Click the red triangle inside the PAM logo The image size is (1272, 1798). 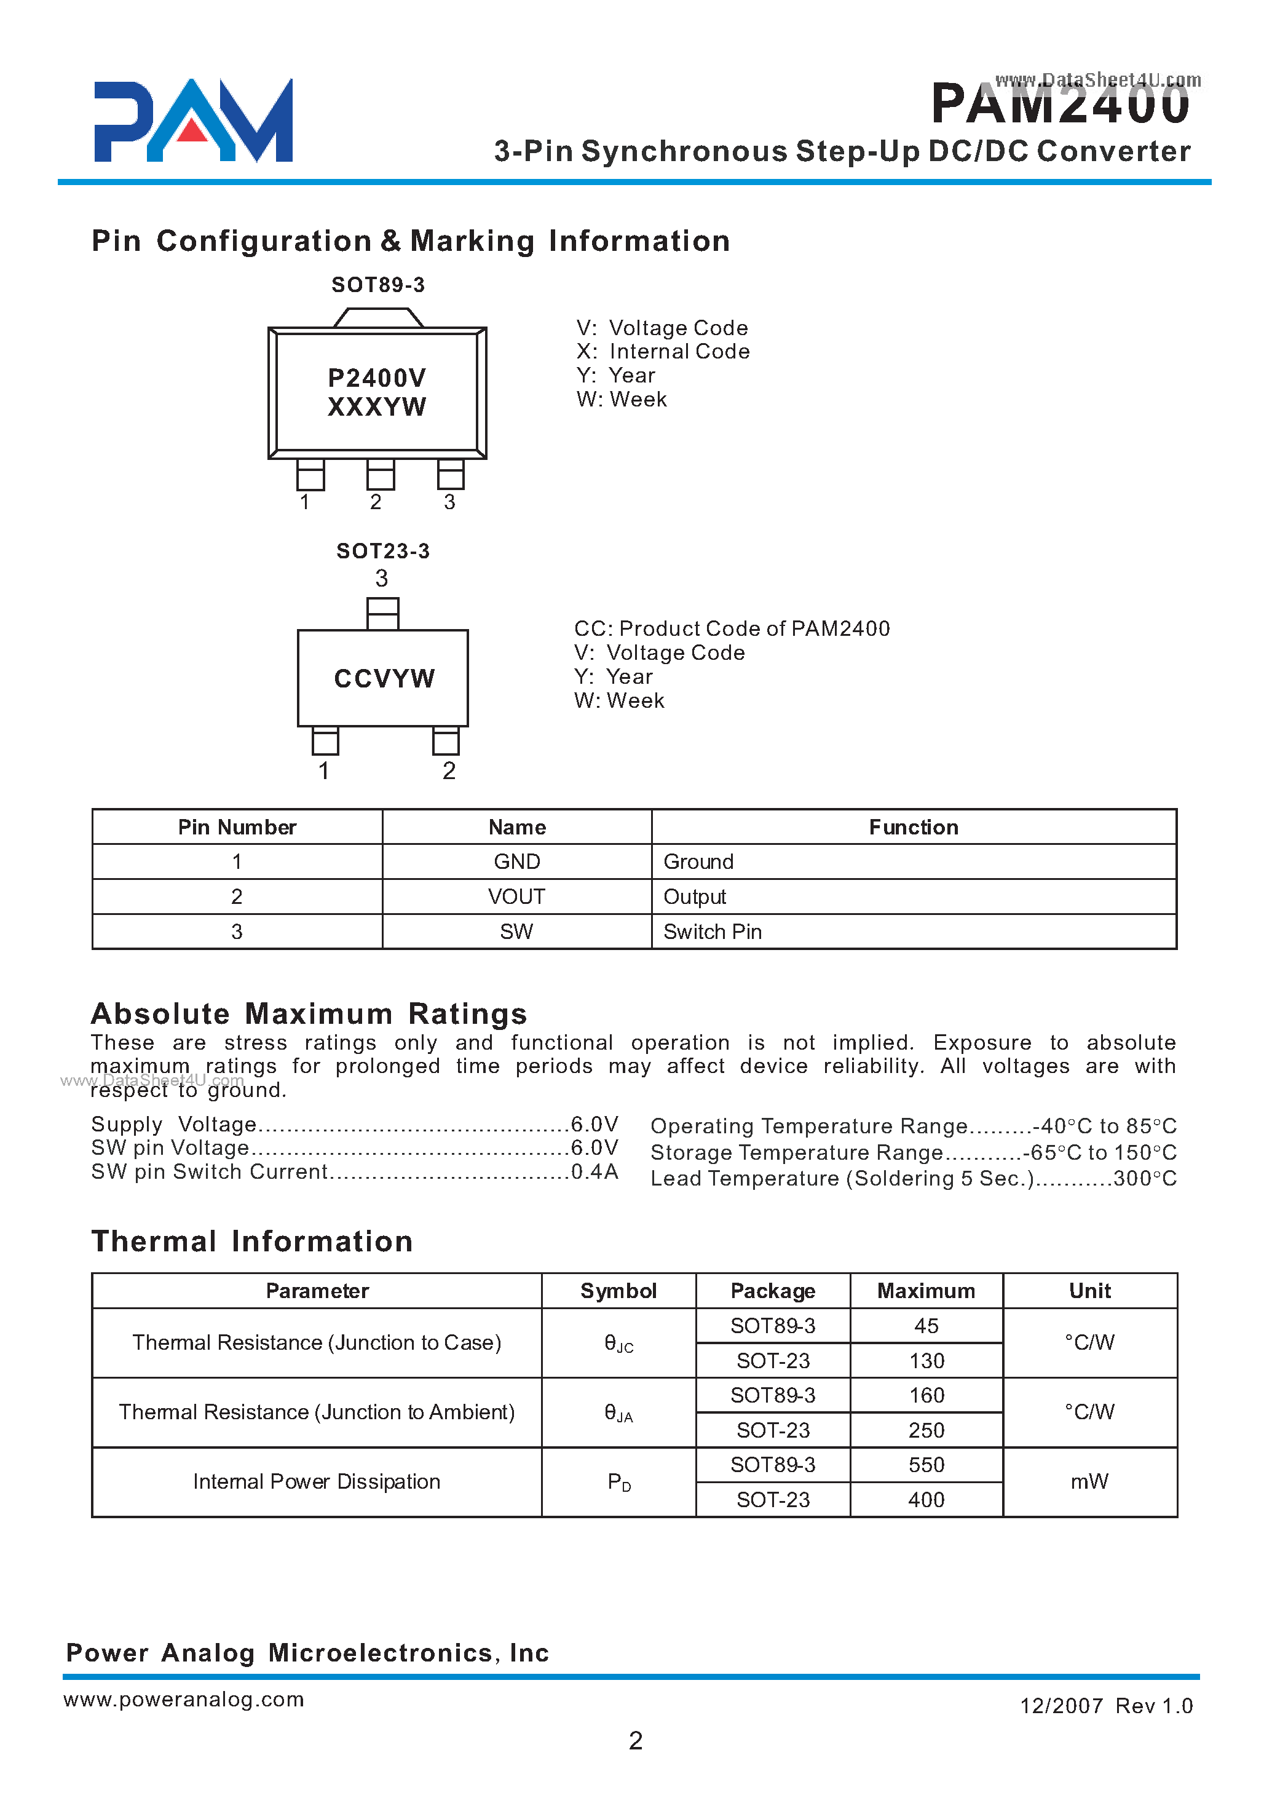[192, 131]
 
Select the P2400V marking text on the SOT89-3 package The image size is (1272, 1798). [377, 378]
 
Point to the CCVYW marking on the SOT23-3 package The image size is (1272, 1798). [384, 678]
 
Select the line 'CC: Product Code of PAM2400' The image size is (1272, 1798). [732, 628]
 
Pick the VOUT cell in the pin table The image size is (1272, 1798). [516, 897]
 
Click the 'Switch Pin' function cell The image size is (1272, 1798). [712, 932]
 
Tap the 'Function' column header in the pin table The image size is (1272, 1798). [914, 827]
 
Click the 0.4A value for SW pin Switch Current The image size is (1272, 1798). [595, 1172]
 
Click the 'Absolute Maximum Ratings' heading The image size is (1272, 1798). [309, 1014]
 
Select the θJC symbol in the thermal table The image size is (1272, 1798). [618, 1344]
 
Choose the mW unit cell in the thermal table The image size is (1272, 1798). [1089, 1481]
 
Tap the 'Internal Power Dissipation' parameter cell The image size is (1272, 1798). [317, 1481]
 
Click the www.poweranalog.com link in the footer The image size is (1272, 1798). [183, 1699]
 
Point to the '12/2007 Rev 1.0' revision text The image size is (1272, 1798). [1105, 1706]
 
